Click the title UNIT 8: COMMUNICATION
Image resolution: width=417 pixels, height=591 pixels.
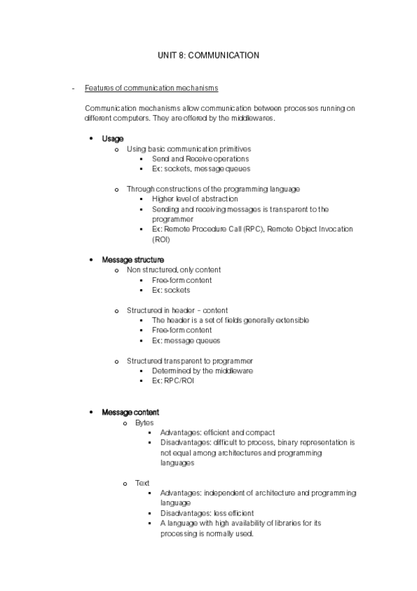point(209,54)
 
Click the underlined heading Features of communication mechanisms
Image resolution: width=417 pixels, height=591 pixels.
point(151,89)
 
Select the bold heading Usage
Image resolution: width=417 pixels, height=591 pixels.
point(113,139)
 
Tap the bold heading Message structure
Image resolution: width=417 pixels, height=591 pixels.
point(133,260)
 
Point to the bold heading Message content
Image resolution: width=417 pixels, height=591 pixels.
point(130,413)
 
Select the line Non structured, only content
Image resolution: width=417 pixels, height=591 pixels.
point(173,270)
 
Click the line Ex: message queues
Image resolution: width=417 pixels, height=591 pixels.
point(186,341)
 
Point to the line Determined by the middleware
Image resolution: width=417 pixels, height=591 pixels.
point(202,371)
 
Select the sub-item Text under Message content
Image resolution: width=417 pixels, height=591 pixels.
point(142,482)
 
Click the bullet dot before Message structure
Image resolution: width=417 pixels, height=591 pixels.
point(91,260)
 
